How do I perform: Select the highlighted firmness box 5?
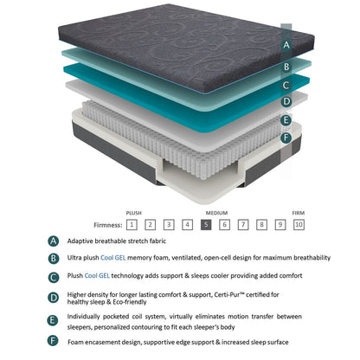(x=205, y=224)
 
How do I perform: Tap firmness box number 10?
(x=299, y=224)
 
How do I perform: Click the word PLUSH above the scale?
(x=133, y=211)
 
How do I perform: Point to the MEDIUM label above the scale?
(x=216, y=211)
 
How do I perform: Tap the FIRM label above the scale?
(x=297, y=211)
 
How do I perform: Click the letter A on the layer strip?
(x=286, y=43)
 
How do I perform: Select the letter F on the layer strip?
(x=286, y=138)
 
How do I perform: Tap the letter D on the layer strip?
(x=286, y=101)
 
